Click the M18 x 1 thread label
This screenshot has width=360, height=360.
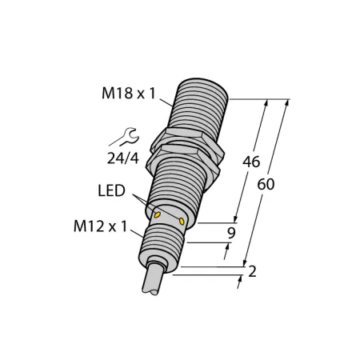point(128,94)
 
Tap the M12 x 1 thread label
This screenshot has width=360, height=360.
point(100,227)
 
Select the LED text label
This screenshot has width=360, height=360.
point(111,190)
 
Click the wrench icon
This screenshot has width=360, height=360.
point(124,137)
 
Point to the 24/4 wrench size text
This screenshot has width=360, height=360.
point(123,159)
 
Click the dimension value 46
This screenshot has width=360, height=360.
point(251,162)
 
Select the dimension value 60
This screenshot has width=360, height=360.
point(266,184)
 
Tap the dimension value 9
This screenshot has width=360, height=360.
point(231,233)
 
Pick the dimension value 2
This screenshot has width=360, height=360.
point(252,271)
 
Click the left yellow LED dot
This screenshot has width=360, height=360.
point(158,214)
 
